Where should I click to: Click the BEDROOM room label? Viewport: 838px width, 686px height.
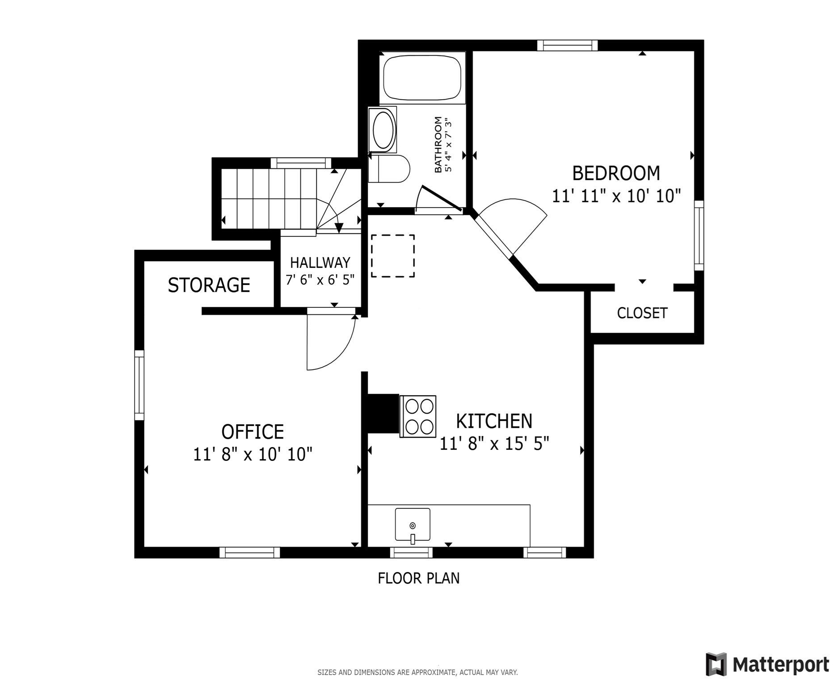(615, 173)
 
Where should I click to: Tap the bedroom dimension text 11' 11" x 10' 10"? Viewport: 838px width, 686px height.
(616, 196)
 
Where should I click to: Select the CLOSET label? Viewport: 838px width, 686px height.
(642, 313)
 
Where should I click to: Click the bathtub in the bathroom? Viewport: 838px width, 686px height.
(422, 77)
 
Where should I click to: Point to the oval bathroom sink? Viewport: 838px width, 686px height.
(383, 130)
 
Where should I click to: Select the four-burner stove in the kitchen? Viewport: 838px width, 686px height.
(418, 416)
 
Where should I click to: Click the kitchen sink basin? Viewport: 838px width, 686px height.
(412, 524)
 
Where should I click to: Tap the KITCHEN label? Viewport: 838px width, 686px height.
(494, 421)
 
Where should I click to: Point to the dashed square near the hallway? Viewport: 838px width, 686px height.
(392, 256)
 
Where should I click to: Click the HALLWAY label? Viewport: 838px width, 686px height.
(320, 262)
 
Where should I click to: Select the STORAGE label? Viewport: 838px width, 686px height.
(209, 285)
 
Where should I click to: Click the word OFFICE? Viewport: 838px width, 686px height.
(253, 432)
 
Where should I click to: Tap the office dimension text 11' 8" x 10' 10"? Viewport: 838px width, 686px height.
(253, 455)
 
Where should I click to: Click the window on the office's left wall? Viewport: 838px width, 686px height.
(139, 385)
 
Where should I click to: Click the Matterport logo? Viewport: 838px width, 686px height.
(767, 664)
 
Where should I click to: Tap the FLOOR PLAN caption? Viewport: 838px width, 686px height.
(418, 578)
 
